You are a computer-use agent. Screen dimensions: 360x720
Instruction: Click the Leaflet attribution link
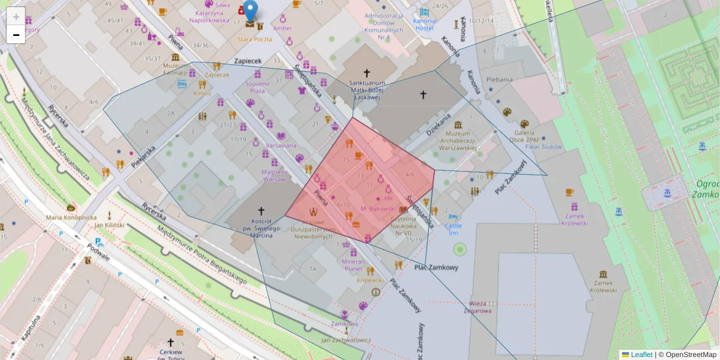click(x=641, y=355)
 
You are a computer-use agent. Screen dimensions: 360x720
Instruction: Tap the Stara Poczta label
click(x=254, y=39)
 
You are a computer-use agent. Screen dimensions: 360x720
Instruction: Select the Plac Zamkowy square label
click(x=436, y=267)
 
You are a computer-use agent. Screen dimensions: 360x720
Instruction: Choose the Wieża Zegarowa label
click(x=478, y=307)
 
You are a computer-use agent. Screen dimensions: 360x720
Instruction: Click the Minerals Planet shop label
click(x=353, y=265)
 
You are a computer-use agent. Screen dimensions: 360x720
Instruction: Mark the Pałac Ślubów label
click(x=543, y=146)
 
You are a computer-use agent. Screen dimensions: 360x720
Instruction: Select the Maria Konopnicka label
click(x=71, y=217)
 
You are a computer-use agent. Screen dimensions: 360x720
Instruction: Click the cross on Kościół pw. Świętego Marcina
click(x=261, y=211)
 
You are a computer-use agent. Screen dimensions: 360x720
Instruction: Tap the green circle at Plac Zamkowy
click(x=460, y=248)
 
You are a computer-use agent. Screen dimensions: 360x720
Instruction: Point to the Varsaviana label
click(x=281, y=145)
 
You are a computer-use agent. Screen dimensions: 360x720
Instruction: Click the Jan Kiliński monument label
click(x=109, y=225)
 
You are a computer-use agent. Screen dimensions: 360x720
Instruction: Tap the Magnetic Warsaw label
click(x=274, y=175)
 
